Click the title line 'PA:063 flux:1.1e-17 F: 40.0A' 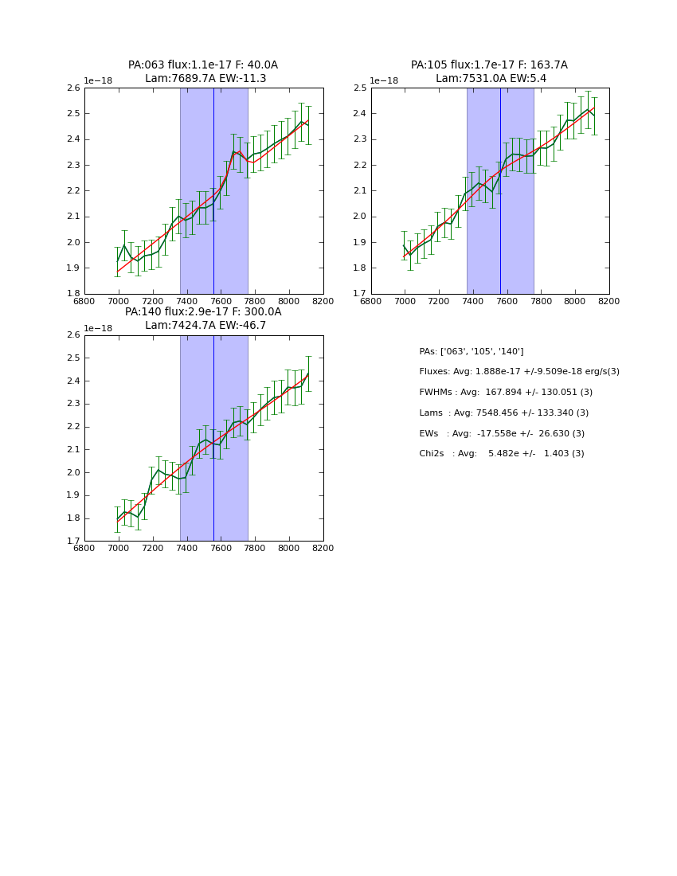point(203,65)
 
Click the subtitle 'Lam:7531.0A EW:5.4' point(490,79)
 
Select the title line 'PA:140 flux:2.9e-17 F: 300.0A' point(203,312)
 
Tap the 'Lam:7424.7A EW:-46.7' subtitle point(205,326)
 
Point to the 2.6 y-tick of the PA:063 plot point(72,88)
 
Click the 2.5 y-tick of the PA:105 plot point(359,88)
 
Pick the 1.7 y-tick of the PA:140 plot point(72,542)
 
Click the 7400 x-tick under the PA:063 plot point(186,301)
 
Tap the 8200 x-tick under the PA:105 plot point(609,301)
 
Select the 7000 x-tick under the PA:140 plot point(119,548)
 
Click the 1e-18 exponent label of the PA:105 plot point(383,81)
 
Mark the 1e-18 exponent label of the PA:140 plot point(99,328)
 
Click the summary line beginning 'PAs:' point(472,351)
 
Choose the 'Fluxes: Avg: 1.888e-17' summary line point(519,372)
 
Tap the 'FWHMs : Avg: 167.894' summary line point(506,393)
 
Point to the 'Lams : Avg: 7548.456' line point(504,413)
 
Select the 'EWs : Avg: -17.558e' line point(502,433)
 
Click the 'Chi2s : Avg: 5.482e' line point(502,454)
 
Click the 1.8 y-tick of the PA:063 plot point(72,294)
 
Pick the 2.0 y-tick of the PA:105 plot point(359,217)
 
